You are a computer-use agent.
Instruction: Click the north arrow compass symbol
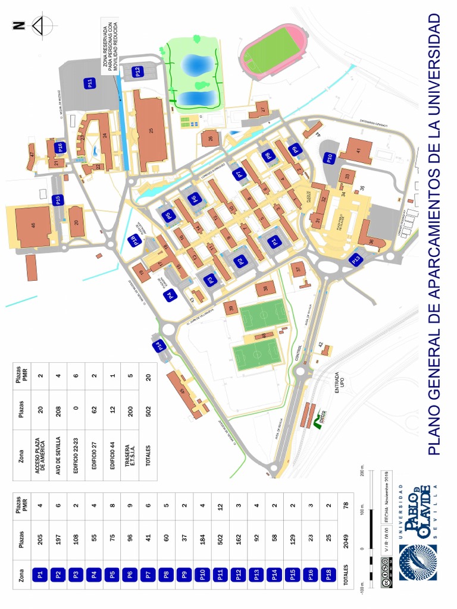[42, 26]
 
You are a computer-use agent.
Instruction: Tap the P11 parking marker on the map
[90, 83]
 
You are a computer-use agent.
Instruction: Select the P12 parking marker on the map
[137, 71]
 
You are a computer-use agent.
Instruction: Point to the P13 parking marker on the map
[356, 259]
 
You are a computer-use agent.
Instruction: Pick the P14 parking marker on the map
[159, 346]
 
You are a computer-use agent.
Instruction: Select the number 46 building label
[33, 225]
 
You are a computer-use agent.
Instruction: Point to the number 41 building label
[358, 150]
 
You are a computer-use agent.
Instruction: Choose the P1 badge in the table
[40, 575]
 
